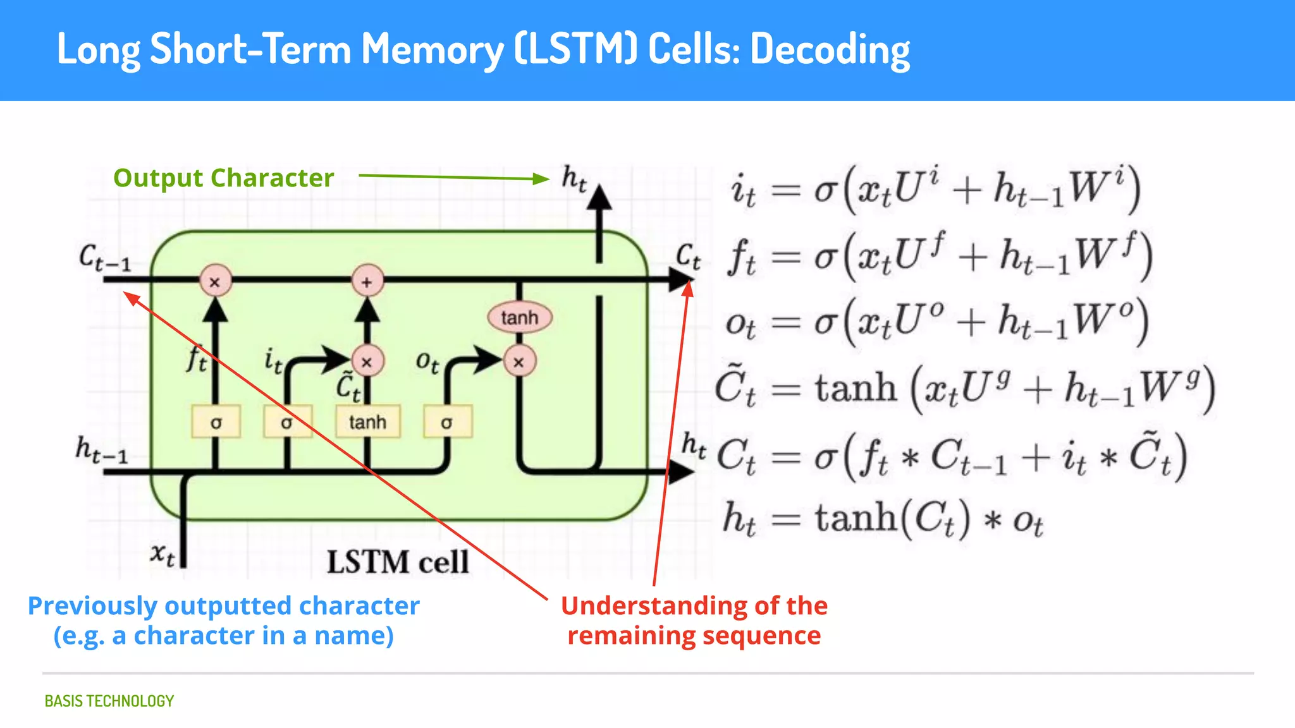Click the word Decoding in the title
[829, 50]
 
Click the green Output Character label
[223, 178]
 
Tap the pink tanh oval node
[519, 317]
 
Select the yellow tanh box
[367, 422]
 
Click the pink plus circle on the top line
[367, 282]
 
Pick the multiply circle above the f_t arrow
[215, 282]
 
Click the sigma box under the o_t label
[446, 422]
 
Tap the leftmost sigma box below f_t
[216, 422]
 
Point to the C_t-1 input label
[104, 258]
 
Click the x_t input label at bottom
[163, 554]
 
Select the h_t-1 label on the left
[101, 449]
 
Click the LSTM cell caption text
[397, 562]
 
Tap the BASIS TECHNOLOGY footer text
[109, 701]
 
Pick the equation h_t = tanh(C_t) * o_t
[883, 519]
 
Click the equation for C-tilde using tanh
[964, 387]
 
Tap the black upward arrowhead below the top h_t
[599, 197]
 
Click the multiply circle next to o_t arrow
[519, 362]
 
